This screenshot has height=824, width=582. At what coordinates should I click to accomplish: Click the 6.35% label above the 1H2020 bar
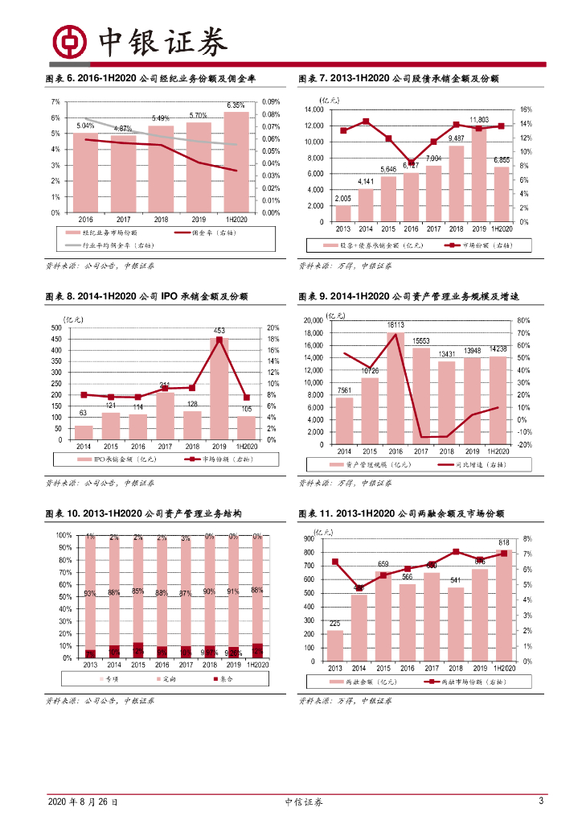click(x=236, y=105)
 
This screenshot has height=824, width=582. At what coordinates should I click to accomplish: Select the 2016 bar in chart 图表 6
click(x=85, y=172)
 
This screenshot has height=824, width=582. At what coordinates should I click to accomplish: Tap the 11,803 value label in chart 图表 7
click(x=480, y=120)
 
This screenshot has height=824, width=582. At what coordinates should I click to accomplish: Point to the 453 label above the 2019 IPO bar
click(x=219, y=331)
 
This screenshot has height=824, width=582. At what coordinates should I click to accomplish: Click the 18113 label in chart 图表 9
click(x=395, y=325)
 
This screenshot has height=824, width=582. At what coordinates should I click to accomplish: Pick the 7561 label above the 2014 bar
click(x=343, y=391)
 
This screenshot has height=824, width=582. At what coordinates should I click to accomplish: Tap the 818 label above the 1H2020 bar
click(x=504, y=542)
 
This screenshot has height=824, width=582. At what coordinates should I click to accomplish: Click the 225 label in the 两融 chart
click(x=335, y=624)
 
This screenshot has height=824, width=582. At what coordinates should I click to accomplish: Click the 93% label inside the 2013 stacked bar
click(x=90, y=594)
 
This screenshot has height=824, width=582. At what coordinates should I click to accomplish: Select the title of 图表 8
click(x=146, y=297)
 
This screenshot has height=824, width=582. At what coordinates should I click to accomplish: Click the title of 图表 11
click(x=401, y=513)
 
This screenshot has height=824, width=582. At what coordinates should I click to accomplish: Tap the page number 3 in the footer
click(x=541, y=801)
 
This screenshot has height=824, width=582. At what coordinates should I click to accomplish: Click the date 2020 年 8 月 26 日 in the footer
click(x=83, y=802)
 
